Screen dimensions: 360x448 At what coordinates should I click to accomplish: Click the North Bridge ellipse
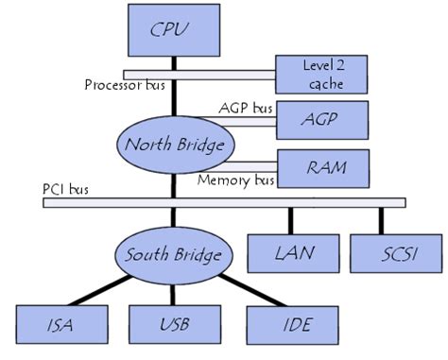pyautogui.click(x=173, y=145)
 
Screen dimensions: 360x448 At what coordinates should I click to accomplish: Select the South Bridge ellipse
pyautogui.click(x=173, y=255)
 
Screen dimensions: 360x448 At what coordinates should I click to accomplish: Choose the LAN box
pyautogui.click(x=288, y=253)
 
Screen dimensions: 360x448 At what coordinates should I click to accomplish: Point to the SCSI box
pyautogui.click(x=382, y=253)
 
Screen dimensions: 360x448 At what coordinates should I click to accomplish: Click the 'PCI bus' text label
pyautogui.click(x=65, y=190)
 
